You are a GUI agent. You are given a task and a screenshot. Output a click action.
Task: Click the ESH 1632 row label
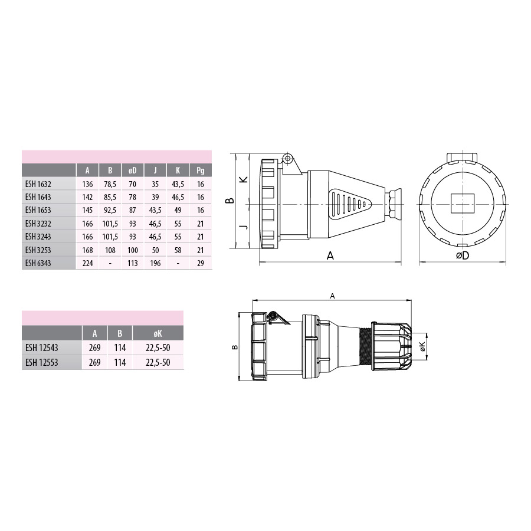38,184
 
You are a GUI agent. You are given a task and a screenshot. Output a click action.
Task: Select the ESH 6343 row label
38,263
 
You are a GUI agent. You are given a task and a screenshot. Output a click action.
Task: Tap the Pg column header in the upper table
201,171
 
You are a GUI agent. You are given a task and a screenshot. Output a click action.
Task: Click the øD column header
132,171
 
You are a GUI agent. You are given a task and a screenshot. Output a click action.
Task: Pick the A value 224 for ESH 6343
87,263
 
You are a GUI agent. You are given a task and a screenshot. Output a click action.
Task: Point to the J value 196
155,263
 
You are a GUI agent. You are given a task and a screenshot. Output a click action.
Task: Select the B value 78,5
110,184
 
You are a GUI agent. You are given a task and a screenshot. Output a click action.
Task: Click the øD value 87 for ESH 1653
132,210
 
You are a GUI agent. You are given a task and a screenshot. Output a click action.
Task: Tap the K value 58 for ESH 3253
178,250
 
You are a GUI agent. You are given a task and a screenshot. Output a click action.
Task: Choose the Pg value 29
201,263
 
